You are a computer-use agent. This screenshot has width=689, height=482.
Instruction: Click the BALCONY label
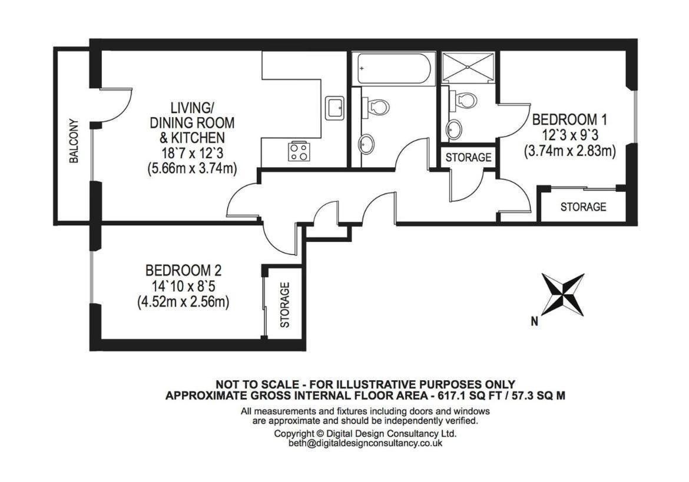(74, 141)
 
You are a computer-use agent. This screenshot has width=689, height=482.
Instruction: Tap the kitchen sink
(335, 108)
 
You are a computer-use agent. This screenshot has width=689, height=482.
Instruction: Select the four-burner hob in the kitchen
(299, 151)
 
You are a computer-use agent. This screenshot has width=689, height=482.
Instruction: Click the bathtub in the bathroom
(393, 68)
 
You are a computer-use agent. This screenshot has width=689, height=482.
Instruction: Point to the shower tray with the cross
(468, 67)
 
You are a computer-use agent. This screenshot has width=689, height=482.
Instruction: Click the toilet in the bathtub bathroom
(376, 106)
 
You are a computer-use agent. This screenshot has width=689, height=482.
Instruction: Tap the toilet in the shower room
(463, 100)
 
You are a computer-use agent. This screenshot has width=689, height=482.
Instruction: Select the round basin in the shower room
(454, 129)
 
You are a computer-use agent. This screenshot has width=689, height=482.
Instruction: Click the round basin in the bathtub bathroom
(366, 144)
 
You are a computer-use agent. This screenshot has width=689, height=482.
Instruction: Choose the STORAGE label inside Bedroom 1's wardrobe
(583, 207)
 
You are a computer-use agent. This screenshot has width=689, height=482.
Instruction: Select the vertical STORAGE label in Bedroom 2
(285, 305)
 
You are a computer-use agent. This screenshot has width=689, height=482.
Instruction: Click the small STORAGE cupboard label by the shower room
(468, 157)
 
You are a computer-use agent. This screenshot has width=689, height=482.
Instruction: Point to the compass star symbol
(563, 294)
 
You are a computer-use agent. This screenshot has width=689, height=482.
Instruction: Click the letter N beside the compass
(534, 322)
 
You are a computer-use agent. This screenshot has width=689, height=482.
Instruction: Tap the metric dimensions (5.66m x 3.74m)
(193, 168)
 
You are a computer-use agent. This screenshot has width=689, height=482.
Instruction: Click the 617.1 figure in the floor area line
(450, 395)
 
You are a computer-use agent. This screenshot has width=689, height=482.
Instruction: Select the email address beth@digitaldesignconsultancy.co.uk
(365, 443)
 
